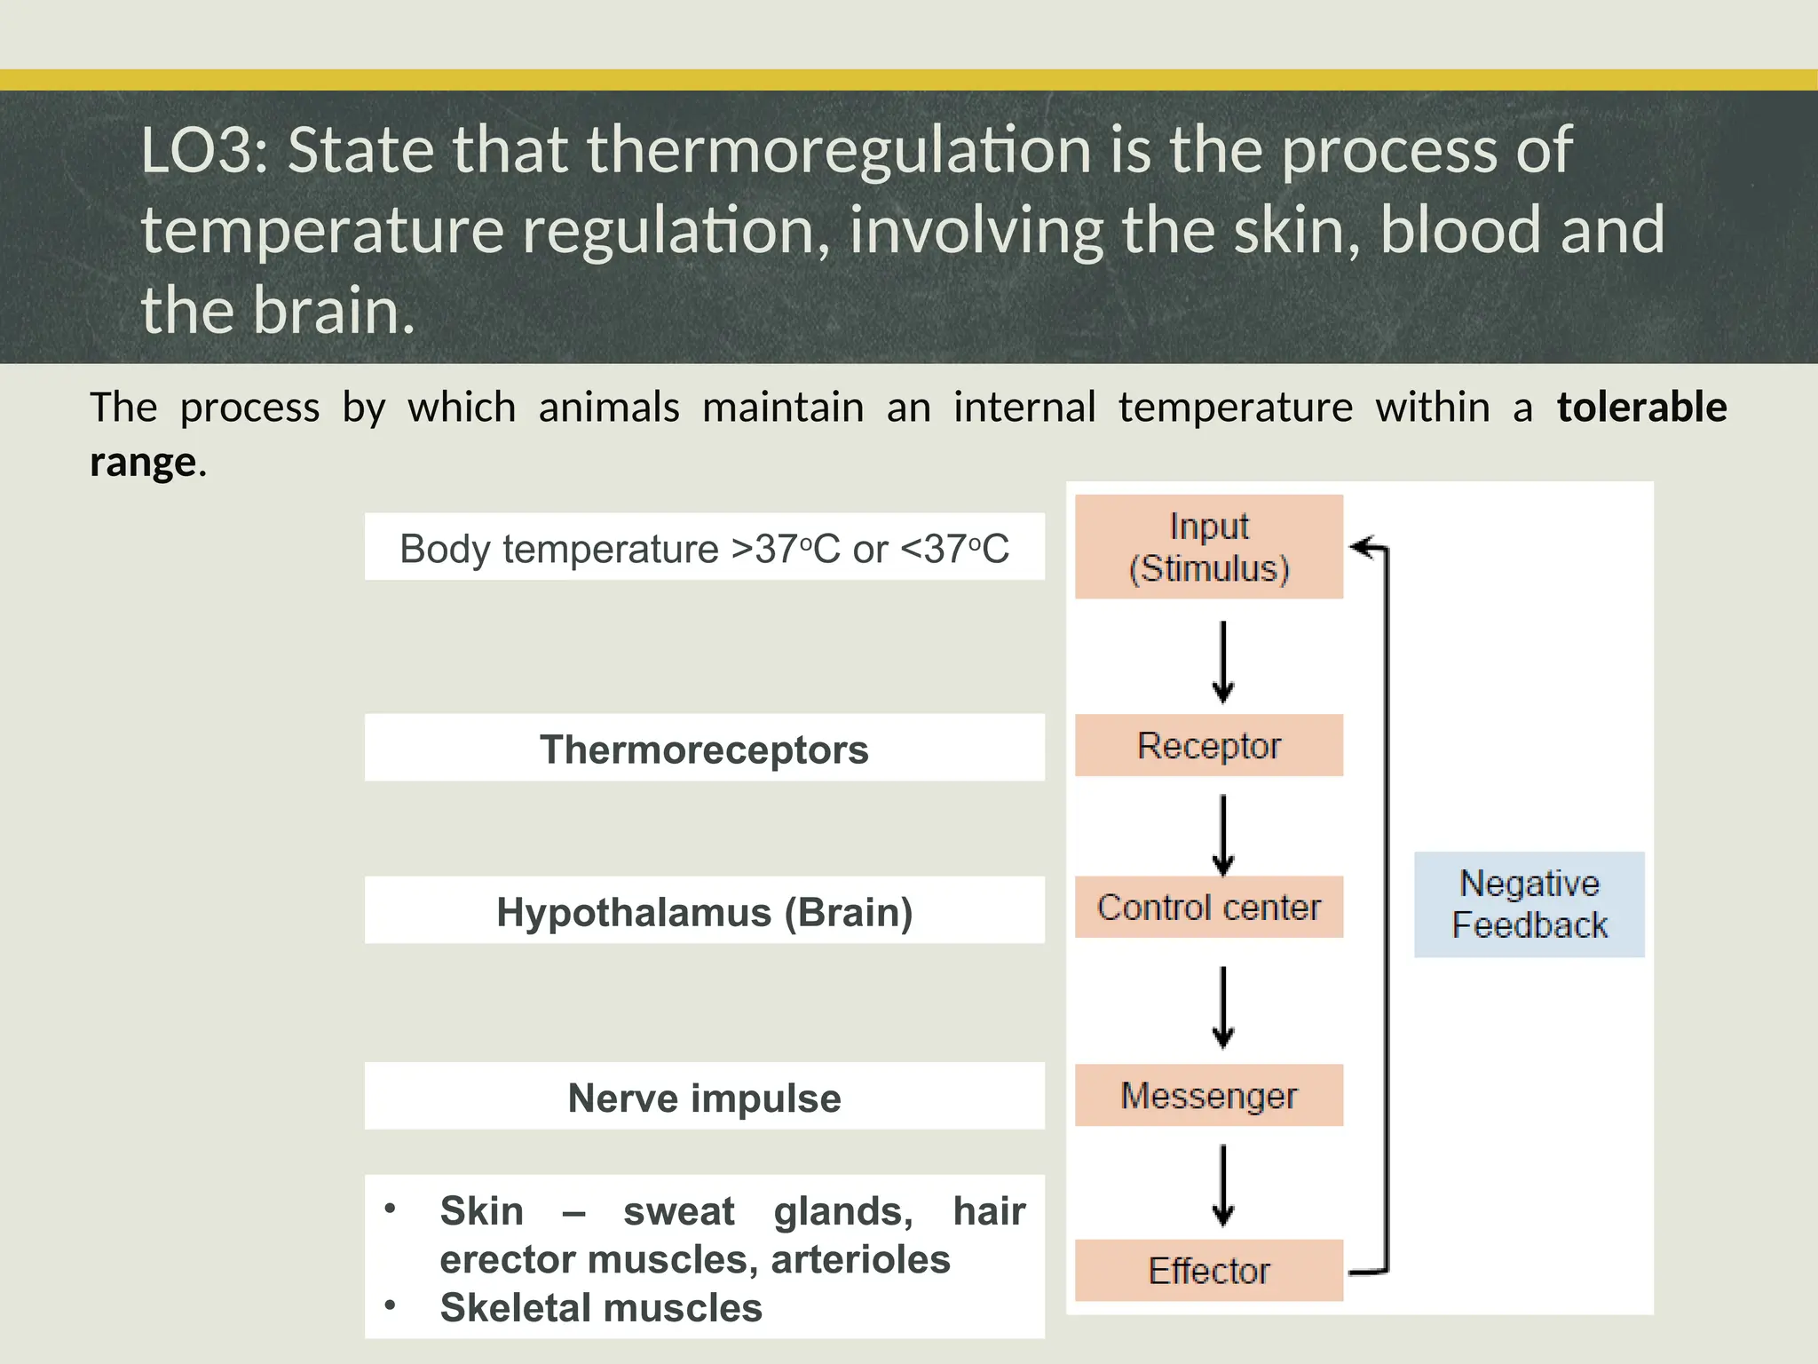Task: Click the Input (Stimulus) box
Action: tap(1208, 547)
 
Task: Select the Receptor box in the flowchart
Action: tap(1208, 745)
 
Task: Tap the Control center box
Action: tap(1208, 907)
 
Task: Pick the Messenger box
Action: tap(1208, 1095)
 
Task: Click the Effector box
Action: tap(1208, 1270)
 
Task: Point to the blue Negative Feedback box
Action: tap(1529, 904)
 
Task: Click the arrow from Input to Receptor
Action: tap(1223, 662)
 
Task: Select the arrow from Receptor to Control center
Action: tap(1223, 835)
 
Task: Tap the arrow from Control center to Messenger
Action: tap(1223, 1007)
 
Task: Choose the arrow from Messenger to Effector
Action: tap(1223, 1185)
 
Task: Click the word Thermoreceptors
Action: tap(704, 749)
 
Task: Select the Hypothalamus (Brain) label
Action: tap(704, 912)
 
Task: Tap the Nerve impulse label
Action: tap(704, 1098)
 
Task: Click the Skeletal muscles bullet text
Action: tap(601, 1307)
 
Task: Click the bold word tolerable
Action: tap(1641, 408)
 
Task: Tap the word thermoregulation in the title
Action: tap(838, 150)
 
